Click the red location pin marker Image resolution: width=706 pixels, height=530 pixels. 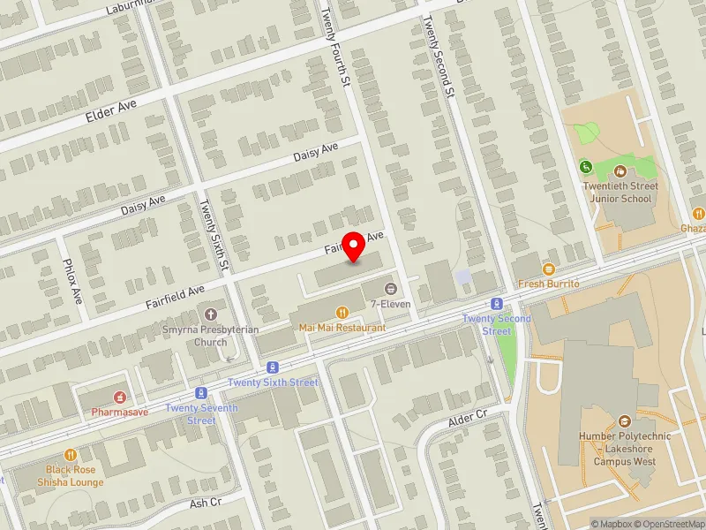click(x=354, y=247)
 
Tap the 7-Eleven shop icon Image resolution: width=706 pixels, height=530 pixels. click(x=391, y=289)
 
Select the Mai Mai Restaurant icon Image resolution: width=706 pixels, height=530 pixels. click(x=342, y=312)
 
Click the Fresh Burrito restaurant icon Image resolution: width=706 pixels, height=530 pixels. click(x=548, y=269)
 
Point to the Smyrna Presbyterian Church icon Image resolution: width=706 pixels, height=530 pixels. click(x=211, y=314)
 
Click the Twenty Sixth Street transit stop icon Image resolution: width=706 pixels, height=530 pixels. click(x=273, y=367)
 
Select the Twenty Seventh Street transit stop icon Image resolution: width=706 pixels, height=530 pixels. click(x=201, y=393)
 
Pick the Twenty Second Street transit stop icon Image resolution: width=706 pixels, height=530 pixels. click(x=497, y=304)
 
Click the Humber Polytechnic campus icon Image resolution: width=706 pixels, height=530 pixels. click(x=625, y=421)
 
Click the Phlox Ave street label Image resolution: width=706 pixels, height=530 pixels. click(x=75, y=280)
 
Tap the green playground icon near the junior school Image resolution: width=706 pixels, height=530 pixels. click(x=585, y=166)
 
